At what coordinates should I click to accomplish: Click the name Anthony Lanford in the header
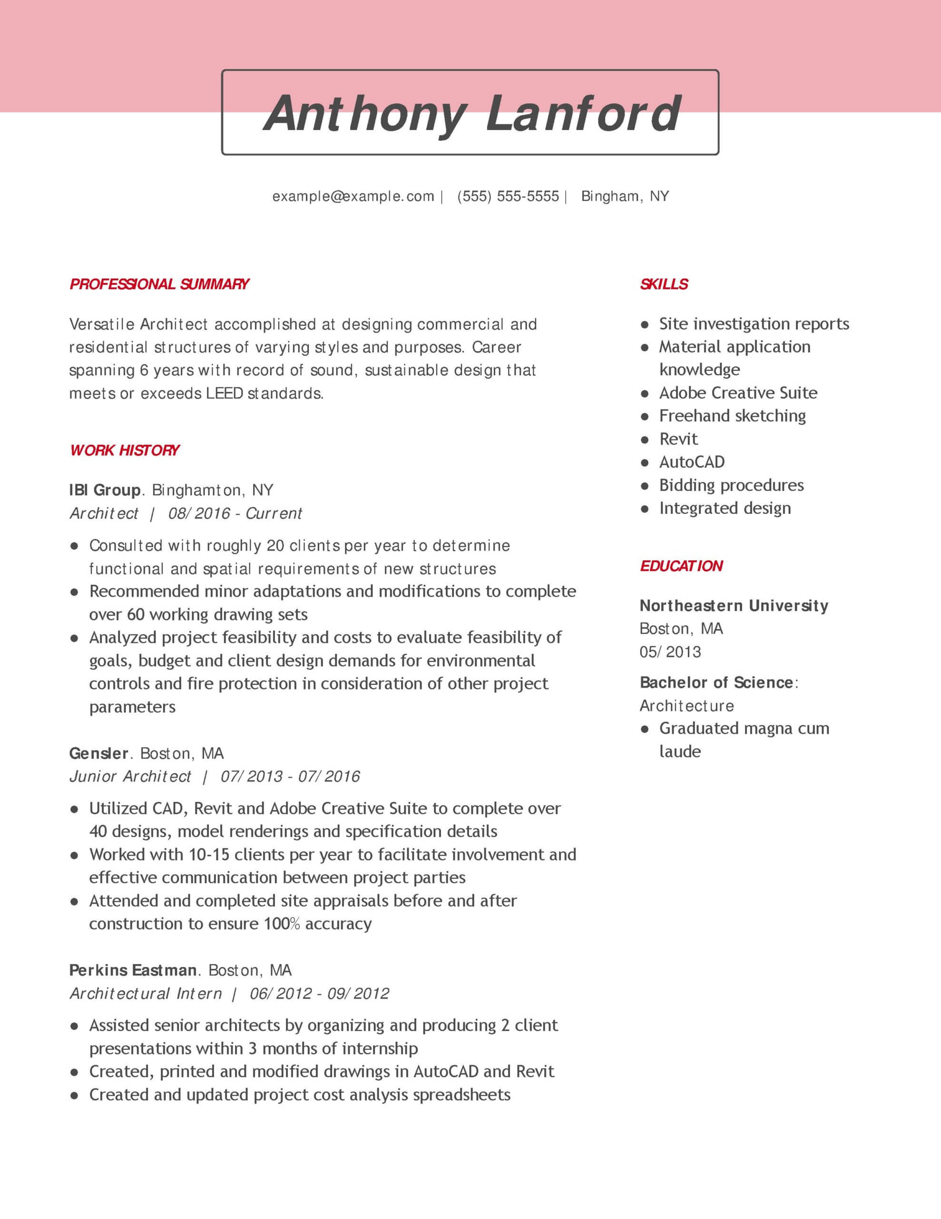[x=471, y=113]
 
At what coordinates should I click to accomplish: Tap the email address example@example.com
[x=353, y=197]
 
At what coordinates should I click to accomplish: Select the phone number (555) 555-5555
[x=508, y=197]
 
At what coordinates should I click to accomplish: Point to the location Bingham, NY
[x=625, y=197]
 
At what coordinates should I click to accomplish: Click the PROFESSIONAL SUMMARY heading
[x=159, y=284]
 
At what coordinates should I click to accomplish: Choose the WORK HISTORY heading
[x=124, y=450]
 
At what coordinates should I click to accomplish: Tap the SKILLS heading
[x=664, y=284]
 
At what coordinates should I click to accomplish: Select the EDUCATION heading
[x=681, y=566]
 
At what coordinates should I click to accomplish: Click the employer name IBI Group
[x=105, y=490]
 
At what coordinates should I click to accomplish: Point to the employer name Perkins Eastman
[x=133, y=970]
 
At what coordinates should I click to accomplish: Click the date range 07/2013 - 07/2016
[x=290, y=776]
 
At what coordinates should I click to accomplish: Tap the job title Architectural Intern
[x=146, y=993]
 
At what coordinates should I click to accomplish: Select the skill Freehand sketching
[x=732, y=416]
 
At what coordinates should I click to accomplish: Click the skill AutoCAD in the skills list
[x=692, y=462]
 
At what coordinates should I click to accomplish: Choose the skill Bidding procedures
[x=731, y=485]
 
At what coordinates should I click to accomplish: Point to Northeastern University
[x=734, y=606]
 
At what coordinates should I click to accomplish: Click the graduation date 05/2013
[x=670, y=652]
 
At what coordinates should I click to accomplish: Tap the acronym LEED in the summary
[x=224, y=393]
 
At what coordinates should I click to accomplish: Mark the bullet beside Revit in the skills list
[x=645, y=440]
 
